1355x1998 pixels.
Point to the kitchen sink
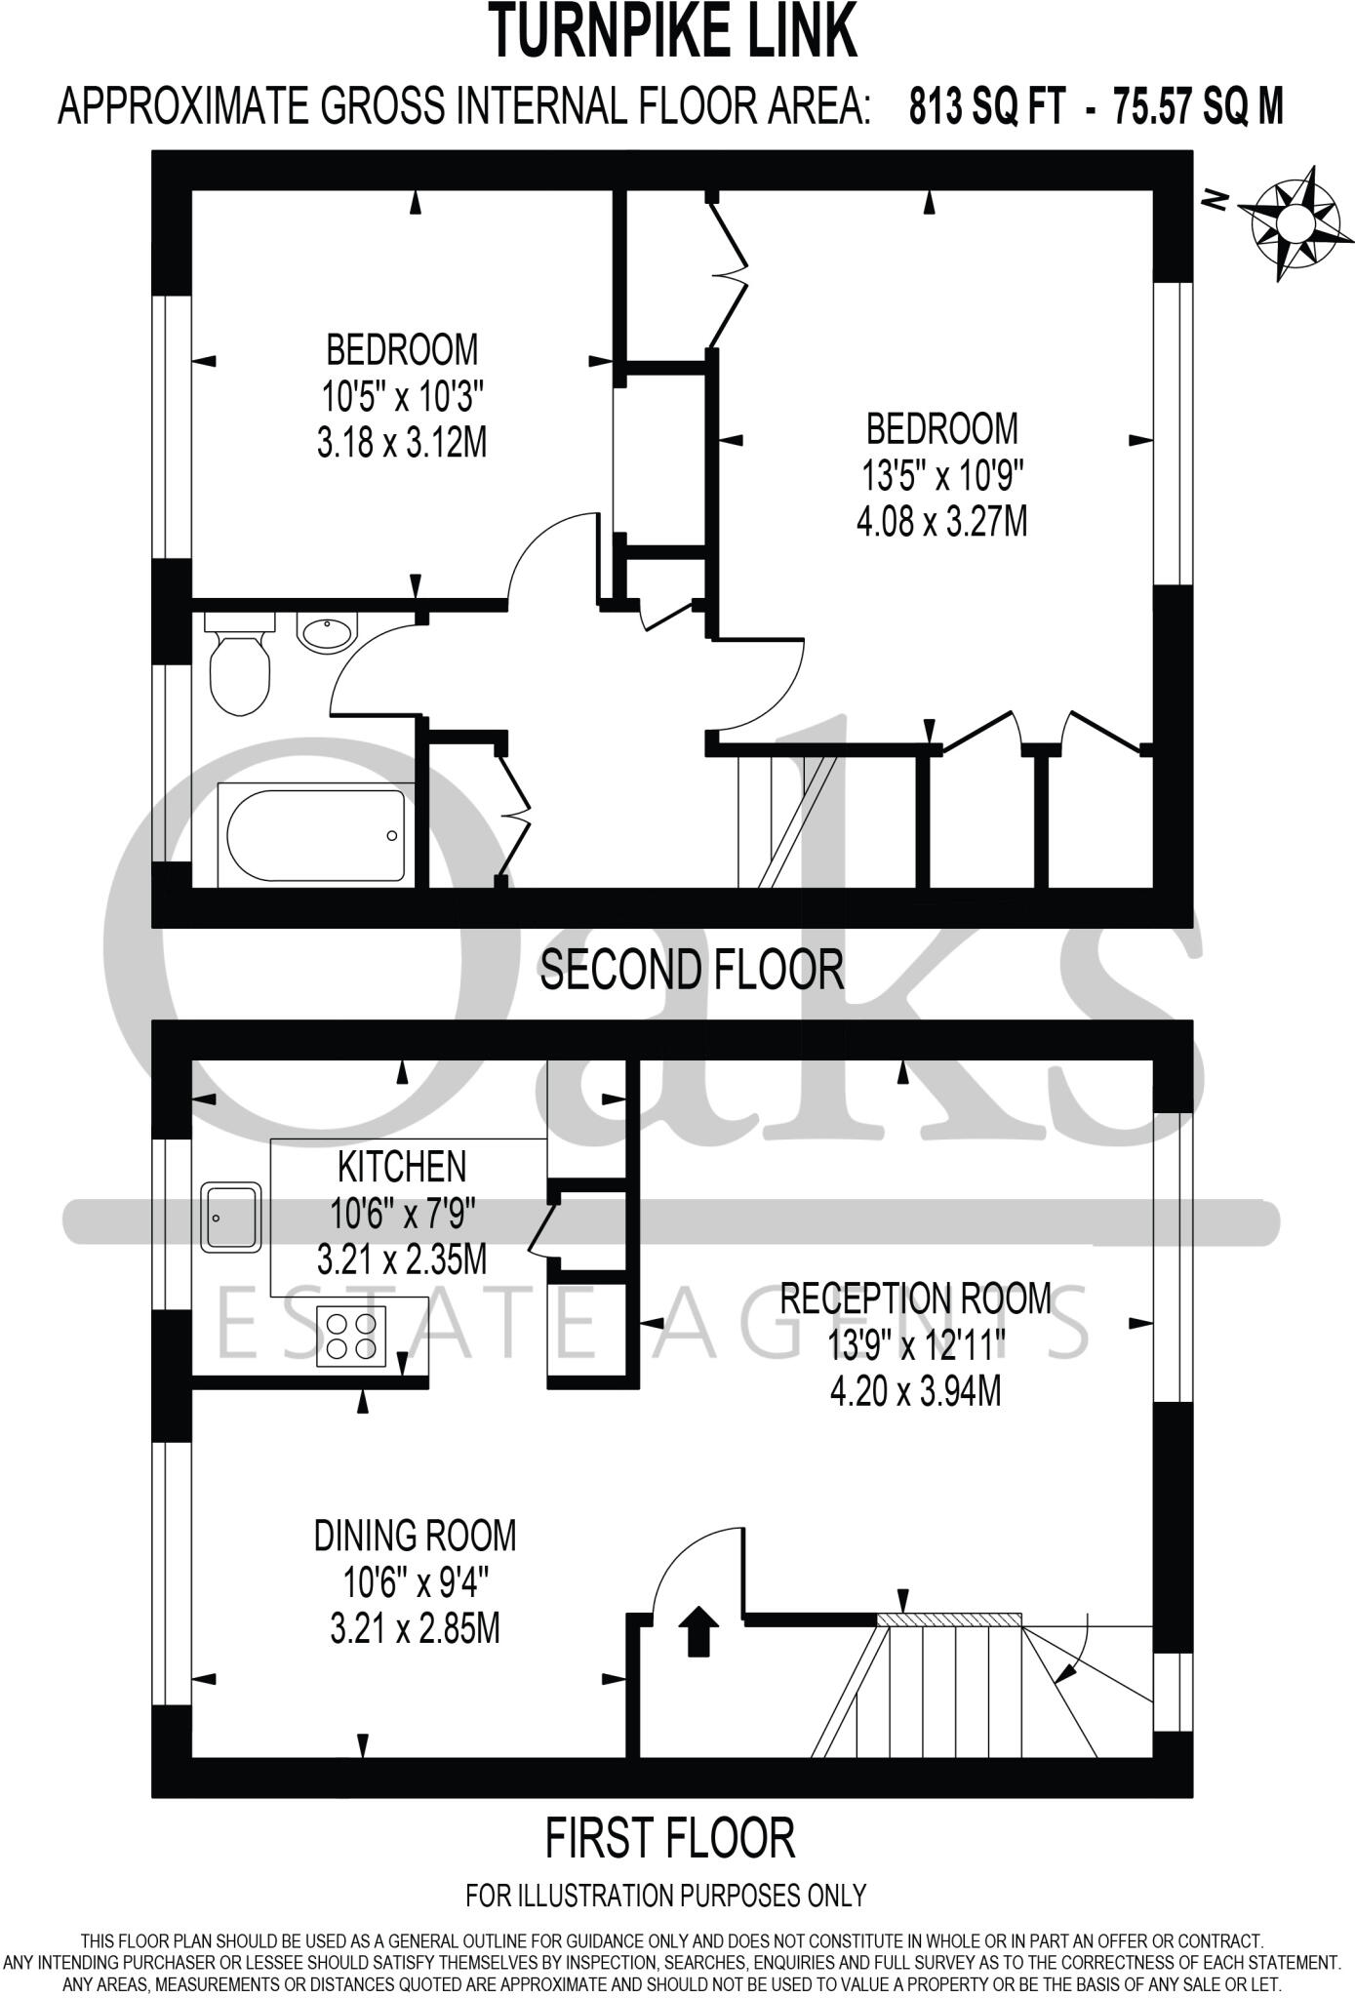click(x=231, y=1217)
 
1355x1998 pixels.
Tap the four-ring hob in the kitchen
click(x=351, y=1336)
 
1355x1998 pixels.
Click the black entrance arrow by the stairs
click(x=698, y=1632)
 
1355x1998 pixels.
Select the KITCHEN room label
click(x=402, y=1167)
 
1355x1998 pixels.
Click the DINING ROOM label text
click(x=415, y=1536)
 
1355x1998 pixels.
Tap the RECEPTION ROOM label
click(x=916, y=1299)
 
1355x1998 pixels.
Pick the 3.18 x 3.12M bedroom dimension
click(x=402, y=444)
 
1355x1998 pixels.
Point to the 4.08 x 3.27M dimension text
click(x=941, y=522)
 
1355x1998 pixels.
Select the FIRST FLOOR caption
click(x=670, y=1837)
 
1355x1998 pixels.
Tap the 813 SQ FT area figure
click(x=986, y=105)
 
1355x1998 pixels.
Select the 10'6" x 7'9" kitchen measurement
click(x=402, y=1215)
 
